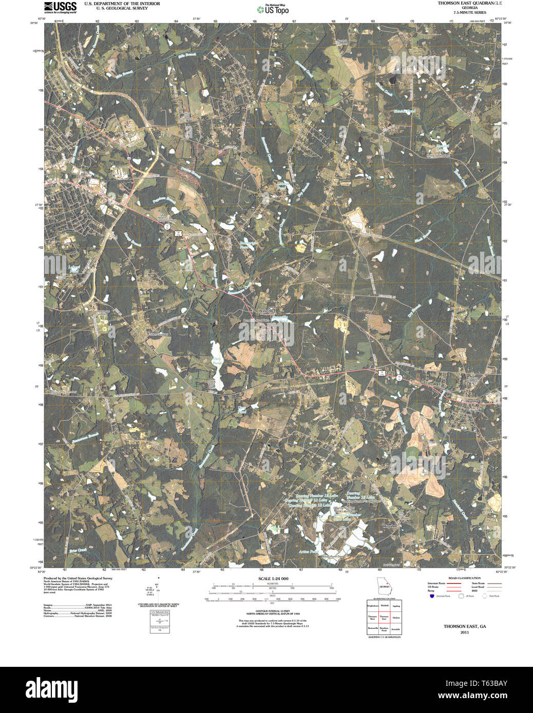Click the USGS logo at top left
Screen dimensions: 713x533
click(60, 7)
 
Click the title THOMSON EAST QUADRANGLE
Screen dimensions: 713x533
click(469, 3)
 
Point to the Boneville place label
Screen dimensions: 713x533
click(266, 311)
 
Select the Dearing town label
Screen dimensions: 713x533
click(471, 401)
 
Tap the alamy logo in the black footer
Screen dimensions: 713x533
click(51, 688)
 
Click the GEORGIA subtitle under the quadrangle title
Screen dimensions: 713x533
click(469, 8)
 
